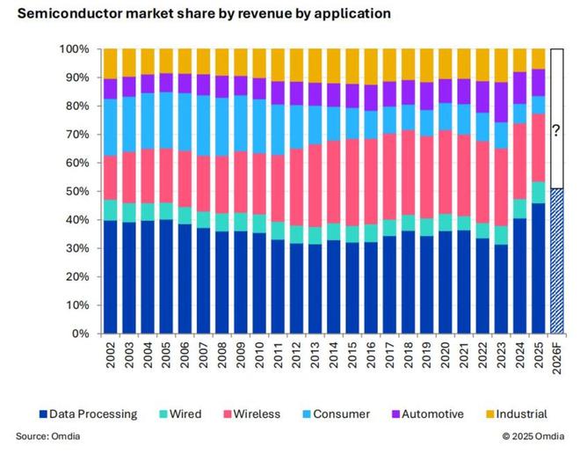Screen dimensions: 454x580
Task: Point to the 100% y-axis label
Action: pyautogui.click(x=75, y=49)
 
